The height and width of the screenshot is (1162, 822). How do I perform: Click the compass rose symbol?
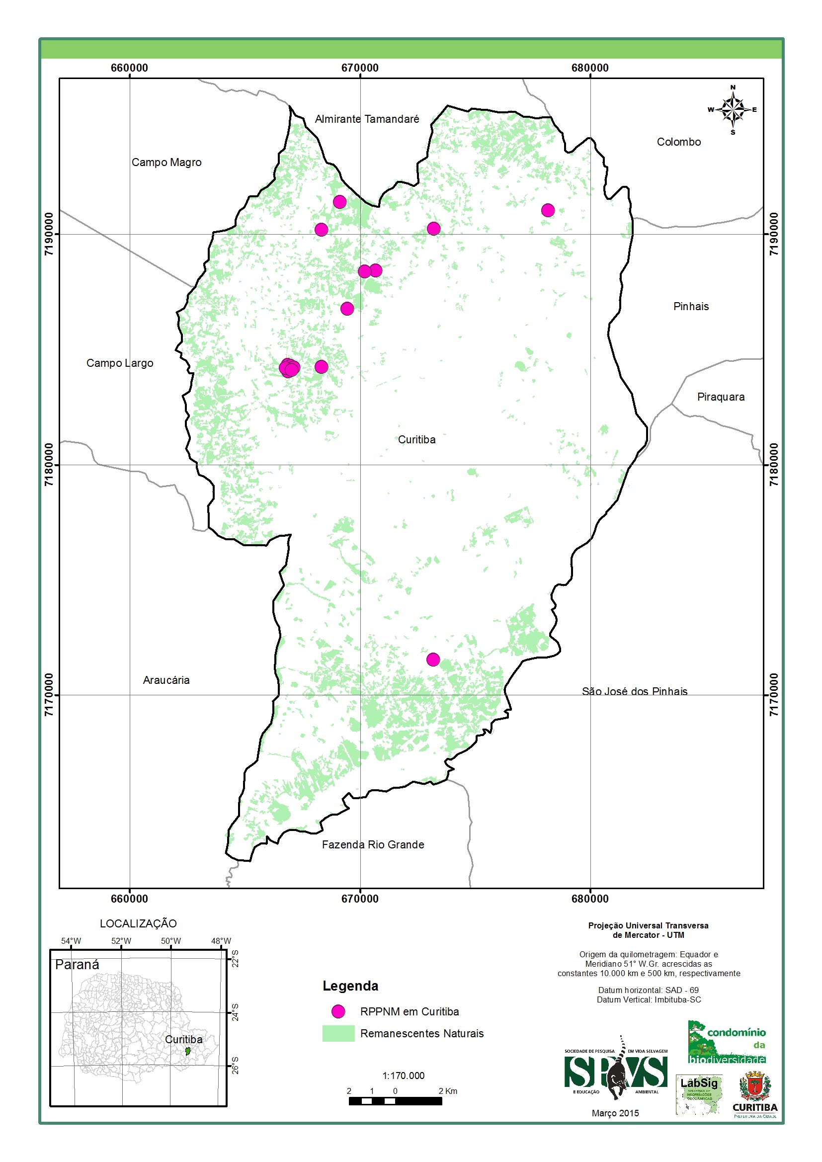[x=733, y=109]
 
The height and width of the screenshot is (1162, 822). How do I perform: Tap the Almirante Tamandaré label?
[x=367, y=119]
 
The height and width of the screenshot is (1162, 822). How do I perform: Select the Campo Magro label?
[x=166, y=163]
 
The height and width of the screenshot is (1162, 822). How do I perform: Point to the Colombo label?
[x=679, y=142]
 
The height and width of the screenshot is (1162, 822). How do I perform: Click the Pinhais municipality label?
[x=691, y=306]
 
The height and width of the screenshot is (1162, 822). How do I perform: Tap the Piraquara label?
[x=721, y=397]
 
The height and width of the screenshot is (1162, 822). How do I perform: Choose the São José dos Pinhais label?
[x=634, y=691]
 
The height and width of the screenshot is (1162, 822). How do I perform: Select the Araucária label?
[x=166, y=680]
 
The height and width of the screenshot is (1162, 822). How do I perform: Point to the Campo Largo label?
[x=119, y=363]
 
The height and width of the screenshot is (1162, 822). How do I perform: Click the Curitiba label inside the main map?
[x=416, y=440]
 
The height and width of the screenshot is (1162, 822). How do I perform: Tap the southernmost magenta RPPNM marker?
[x=433, y=660]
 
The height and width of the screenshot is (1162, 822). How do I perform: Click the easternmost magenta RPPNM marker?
[x=548, y=210]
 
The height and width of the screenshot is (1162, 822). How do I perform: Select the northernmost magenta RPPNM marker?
[x=339, y=202]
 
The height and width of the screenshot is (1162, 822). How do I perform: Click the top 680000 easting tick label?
[x=590, y=68]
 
